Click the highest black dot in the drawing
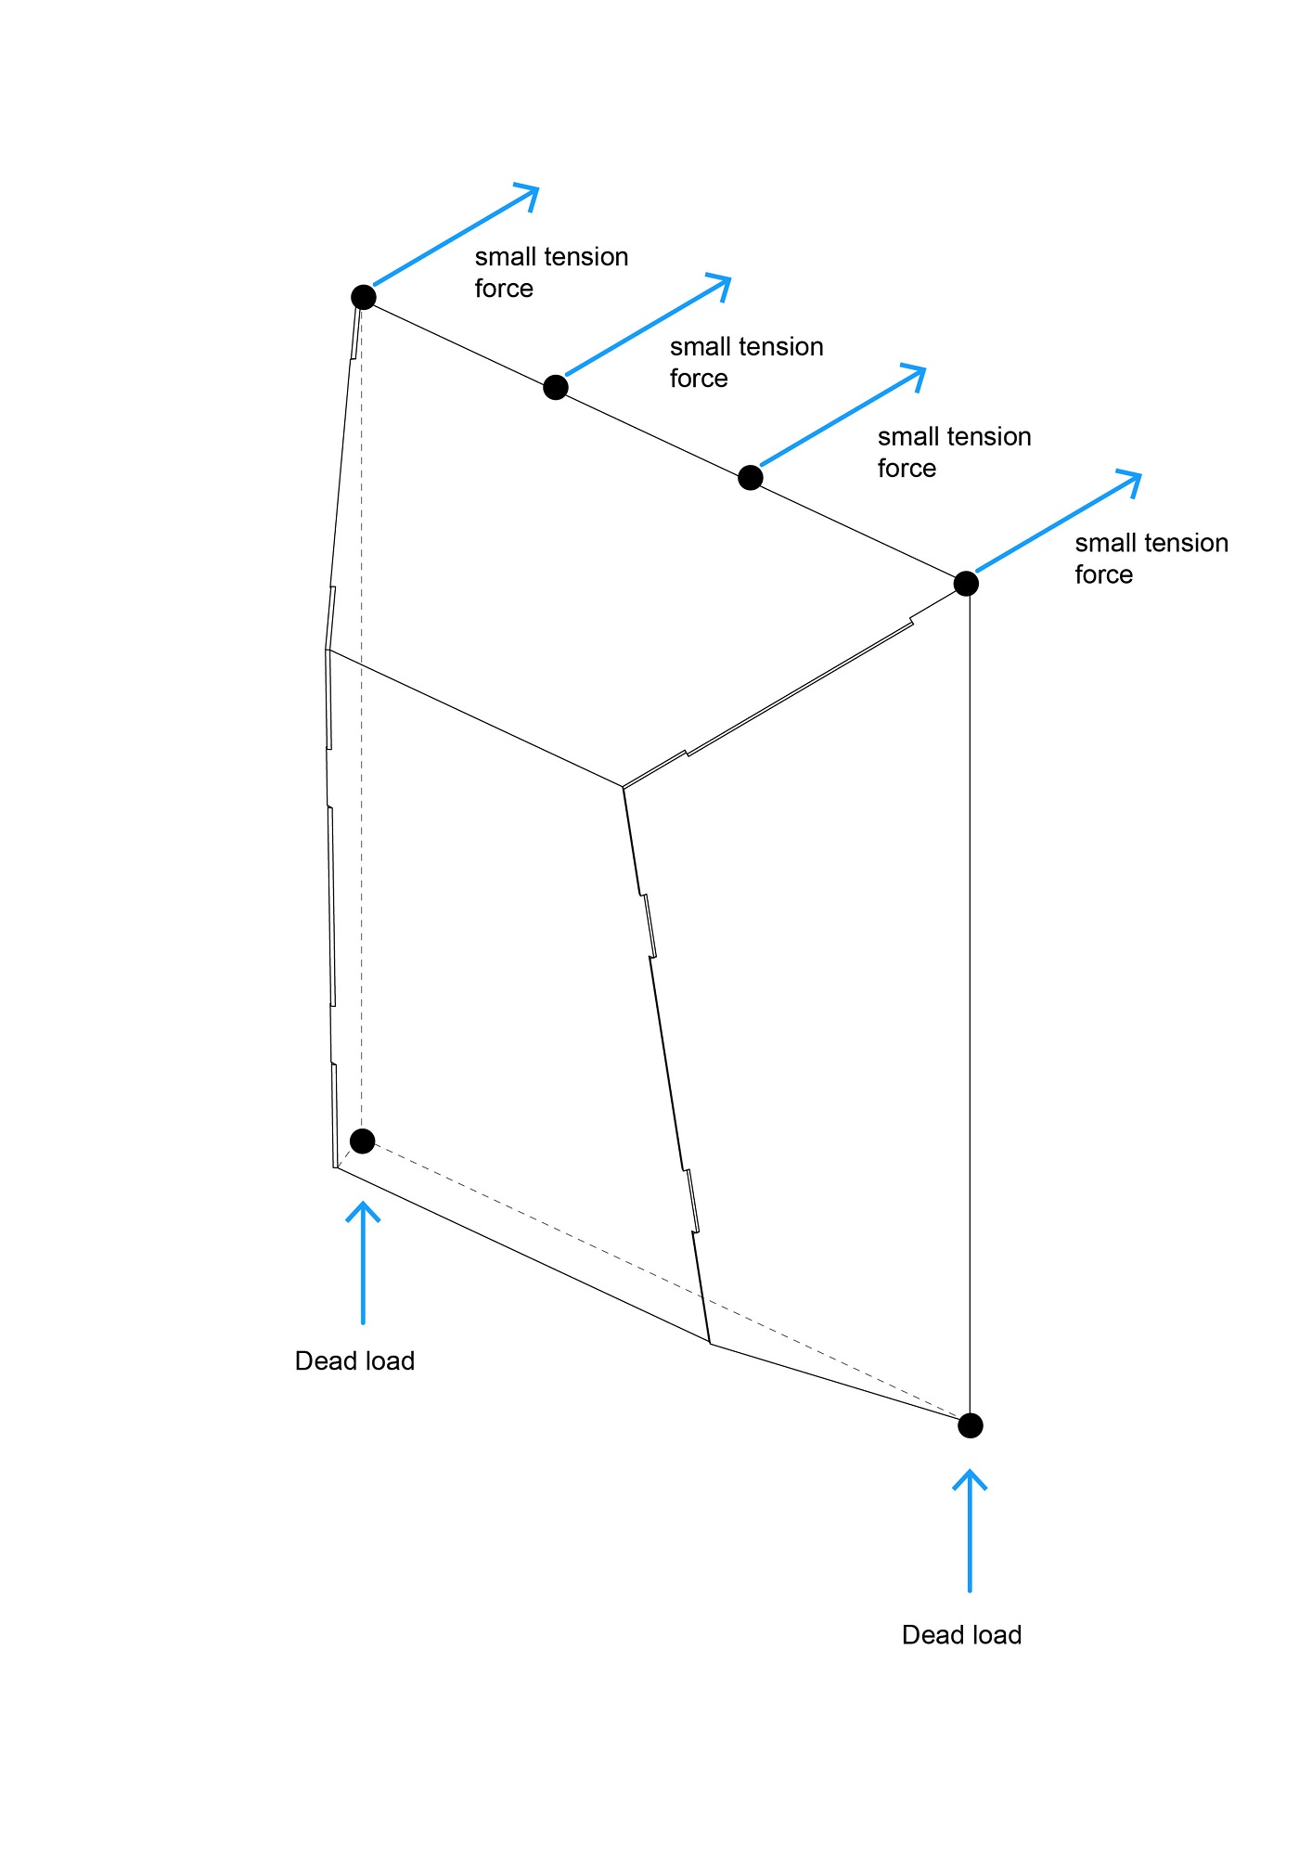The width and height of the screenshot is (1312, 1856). [364, 297]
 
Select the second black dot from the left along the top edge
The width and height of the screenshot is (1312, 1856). [556, 387]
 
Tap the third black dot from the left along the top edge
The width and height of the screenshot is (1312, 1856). [751, 478]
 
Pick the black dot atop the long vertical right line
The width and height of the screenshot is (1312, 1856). [966, 584]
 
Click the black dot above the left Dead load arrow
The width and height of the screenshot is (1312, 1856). [363, 1141]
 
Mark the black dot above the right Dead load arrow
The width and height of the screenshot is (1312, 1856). [971, 1425]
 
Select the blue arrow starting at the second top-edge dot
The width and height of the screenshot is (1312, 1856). [648, 325]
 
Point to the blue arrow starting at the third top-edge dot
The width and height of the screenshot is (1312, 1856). [843, 416]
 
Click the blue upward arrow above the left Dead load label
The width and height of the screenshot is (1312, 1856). [363, 1262]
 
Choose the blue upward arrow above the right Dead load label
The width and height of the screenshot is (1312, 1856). [970, 1530]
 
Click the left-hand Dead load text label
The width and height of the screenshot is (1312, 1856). [354, 1361]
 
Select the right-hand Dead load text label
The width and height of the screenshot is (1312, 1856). [961, 1635]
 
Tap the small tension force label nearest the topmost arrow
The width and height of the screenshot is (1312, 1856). [551, 272]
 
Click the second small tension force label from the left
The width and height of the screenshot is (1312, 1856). [746, 362]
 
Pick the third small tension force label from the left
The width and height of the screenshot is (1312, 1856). [954, 452]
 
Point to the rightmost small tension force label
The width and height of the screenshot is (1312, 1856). [1151, 558]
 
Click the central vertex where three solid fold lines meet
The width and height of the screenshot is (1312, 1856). [624, 787]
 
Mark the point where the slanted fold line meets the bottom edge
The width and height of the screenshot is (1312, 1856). [710, 1343]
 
